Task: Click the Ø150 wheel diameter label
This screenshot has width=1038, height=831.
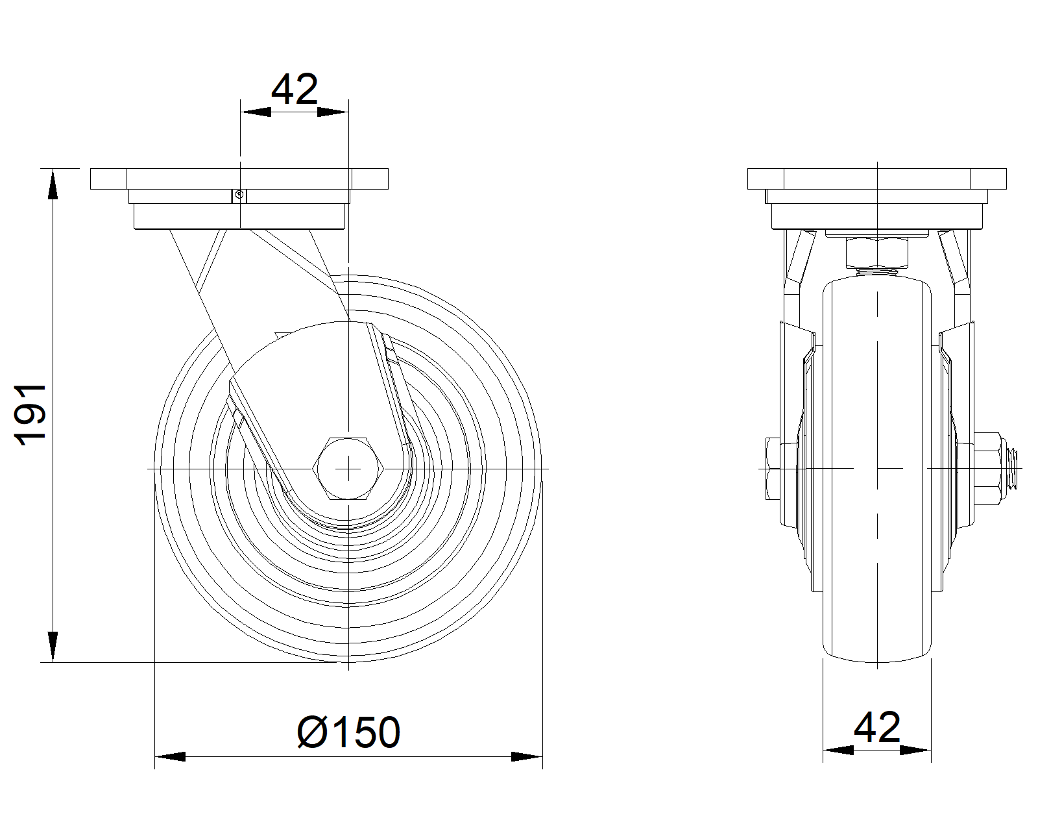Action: (349, 732)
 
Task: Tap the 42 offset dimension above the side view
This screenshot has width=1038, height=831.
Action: (295, 89)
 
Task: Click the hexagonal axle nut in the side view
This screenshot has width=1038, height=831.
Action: (348, 468)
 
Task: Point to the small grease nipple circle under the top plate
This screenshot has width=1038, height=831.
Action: (238, 195)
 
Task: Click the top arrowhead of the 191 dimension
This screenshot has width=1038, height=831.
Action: (53, 184)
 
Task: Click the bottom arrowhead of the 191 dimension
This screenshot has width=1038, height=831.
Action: (53, 647)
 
